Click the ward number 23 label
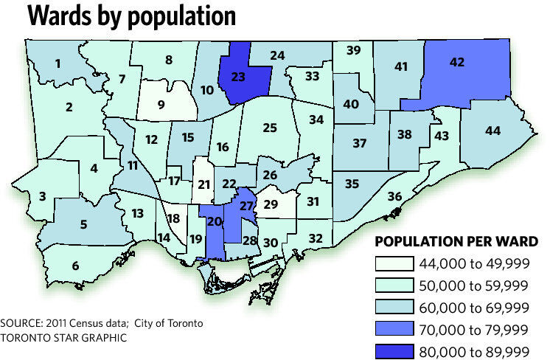point(238,75)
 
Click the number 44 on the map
point(492,131)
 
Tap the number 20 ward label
point(215,222)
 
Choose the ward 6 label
point(74,266)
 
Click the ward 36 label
point(394,196)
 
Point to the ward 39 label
point(354,50)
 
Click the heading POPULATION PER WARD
point(457,242)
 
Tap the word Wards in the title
point(61,16)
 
